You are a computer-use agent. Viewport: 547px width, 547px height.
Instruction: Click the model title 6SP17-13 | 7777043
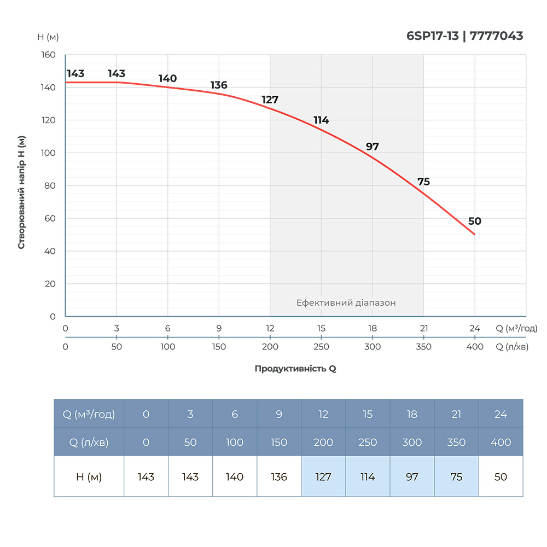point(464,36)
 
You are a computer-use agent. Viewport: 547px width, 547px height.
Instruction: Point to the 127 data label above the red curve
point(270,100)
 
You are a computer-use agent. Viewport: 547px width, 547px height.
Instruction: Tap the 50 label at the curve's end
point(475,222)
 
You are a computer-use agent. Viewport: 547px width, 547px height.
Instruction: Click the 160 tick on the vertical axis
point(49,55)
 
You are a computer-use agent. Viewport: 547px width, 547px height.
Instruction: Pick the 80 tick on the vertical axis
point(50,185)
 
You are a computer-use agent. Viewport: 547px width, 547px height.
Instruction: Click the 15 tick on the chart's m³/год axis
point(321,329)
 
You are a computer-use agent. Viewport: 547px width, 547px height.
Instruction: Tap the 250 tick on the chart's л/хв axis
point(321,347)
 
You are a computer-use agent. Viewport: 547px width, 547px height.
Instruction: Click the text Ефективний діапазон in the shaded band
point(346,302)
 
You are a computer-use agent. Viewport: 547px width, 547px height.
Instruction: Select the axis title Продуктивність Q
point(295,369)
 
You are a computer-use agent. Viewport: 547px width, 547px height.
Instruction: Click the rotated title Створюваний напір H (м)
point(22,191)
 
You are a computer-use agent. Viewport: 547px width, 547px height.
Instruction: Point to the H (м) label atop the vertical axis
point(48,37)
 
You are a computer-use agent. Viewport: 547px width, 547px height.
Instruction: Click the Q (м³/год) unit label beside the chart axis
point(516,329)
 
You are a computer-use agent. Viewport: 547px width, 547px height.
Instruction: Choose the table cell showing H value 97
point(412,477)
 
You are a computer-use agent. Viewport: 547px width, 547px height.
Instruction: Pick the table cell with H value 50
point(501,477)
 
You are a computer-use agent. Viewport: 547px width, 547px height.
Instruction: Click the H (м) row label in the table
point(89,477)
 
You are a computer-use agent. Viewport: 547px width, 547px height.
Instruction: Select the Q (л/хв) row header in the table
point(89,443)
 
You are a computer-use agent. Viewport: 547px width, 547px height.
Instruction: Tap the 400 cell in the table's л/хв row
point(501,443)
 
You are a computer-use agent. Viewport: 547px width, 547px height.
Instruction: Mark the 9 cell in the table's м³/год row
point(279,415)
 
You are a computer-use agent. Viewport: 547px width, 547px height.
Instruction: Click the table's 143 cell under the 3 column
point(190,477)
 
